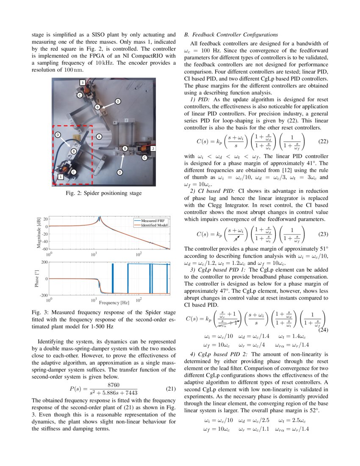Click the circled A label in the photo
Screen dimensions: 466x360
click(x=99, y=137)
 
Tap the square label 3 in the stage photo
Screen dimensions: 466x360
click(x=83, y=82)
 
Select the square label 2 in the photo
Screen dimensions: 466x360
click(x=153, y=149)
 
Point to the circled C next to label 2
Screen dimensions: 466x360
click(x=144, y=158)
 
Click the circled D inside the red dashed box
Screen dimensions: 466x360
click(x=58, y=135)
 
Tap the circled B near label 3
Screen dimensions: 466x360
click(x=97, y=107)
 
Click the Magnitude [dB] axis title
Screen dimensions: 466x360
click(x=39, y=233)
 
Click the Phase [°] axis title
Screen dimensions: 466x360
click(x=37, y=278)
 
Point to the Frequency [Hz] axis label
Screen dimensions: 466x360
click(x=114, y=302)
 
